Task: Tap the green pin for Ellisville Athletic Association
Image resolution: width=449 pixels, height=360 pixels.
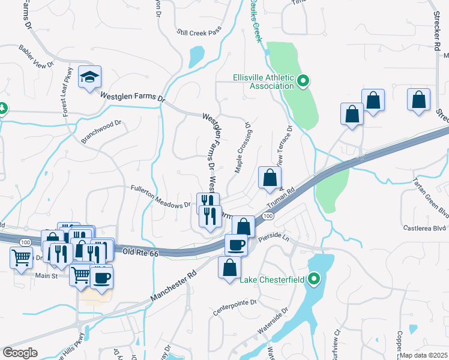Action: point(303,80)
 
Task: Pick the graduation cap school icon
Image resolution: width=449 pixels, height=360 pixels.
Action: point(89,76)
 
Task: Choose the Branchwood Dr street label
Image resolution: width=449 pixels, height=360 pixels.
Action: point(101,133)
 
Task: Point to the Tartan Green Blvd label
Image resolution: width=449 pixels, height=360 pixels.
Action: point(430,197)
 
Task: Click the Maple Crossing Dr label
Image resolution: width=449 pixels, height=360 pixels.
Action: point(243,151)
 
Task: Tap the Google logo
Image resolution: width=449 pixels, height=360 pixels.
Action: point(20,353)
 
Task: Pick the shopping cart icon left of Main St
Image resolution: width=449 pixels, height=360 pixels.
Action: point(21,258)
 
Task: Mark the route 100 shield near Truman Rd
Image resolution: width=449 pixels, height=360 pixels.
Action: point(268,215)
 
